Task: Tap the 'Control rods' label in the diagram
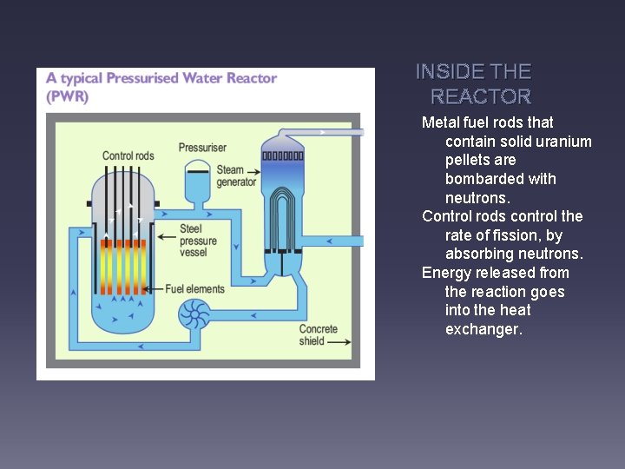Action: click(128, 156)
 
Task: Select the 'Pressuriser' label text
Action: click(202, 148)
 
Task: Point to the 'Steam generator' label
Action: click(236, 176)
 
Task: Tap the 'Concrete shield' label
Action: click(318, 335)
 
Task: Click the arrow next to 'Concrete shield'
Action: click(340, 342)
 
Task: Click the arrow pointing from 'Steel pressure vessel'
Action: click(165, 229)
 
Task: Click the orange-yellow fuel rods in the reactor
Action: click(122, 266)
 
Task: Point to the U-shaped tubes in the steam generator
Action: click(283, 217)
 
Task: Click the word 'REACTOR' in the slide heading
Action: click(481, 96)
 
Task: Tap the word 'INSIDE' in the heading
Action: click(450, 72)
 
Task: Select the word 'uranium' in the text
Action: click(562, 142)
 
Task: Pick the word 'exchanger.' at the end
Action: click(484, 329)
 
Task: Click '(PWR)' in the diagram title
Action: click(68, 96)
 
